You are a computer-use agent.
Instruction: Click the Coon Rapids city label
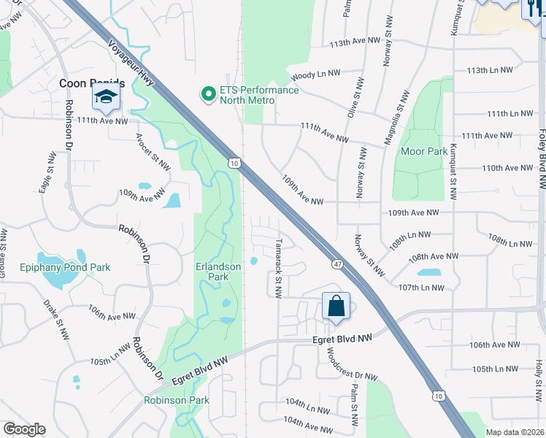[x=91, y=83]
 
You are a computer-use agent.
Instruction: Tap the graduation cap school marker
[x=106, y=98]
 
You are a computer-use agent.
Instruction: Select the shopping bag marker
[x=336, y=307]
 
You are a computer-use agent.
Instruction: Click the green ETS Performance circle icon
[x=208, y=94]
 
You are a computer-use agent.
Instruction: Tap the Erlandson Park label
[x=218, y=272]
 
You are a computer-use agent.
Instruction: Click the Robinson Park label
[x=176, y=400]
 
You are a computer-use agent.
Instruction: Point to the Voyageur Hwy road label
[x=132, y=62]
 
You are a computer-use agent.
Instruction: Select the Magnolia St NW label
[x=400, y=110]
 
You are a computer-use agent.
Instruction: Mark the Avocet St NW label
[x=153, y=151]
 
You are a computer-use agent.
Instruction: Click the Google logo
[x=24, y=429]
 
